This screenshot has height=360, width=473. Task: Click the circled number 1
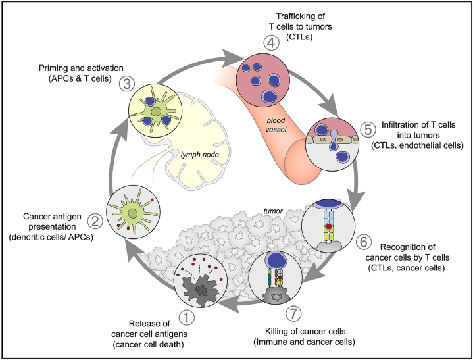pos(187,319)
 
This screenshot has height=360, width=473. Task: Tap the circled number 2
pos(95,222)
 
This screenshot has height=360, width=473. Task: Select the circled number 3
pos(127,84)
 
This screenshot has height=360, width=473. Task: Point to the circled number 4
pos(271,43)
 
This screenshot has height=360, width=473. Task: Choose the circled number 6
pos(364,242)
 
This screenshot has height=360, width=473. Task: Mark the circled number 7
pos(293,314)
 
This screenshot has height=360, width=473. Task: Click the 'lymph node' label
pos(200,155)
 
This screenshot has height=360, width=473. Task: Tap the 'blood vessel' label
pos(276,125)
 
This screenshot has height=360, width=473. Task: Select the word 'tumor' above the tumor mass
pos(273,211)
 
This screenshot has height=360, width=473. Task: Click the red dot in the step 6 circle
pos(328,226)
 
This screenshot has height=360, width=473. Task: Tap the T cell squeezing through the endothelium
pos(334,140)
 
